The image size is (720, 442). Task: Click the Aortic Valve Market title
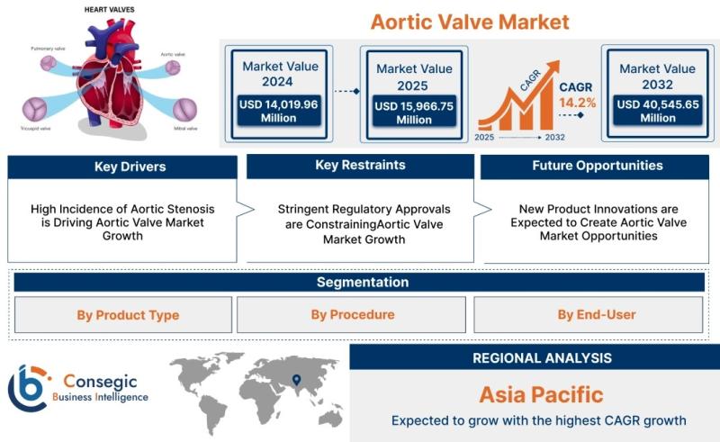pos(470,22)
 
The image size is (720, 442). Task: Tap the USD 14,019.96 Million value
pos(279,112)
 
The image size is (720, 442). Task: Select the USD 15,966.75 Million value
pos(414,113)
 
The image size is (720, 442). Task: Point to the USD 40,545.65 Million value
pos(658,112)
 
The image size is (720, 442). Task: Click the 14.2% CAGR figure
pos(577,103)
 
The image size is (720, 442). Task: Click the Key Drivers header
pos(130,167)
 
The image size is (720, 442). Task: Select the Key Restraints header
pos(361,165)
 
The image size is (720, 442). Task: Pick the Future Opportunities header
pos(598,166)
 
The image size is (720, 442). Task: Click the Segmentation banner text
pos(363,282)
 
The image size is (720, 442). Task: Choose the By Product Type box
pos(123,315)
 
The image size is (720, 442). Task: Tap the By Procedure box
pos(351,314)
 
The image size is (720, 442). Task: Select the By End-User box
pos(589,314)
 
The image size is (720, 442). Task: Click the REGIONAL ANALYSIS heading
pos(543,358)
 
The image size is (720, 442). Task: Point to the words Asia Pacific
pos(542,394)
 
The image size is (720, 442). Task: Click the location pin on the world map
pos(297,380)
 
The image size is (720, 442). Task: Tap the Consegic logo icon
pos(28,388)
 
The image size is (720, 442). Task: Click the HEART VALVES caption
pos(109,9)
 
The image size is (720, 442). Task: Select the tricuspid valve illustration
pos(34,108)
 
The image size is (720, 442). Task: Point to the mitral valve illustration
pos(185,109)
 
